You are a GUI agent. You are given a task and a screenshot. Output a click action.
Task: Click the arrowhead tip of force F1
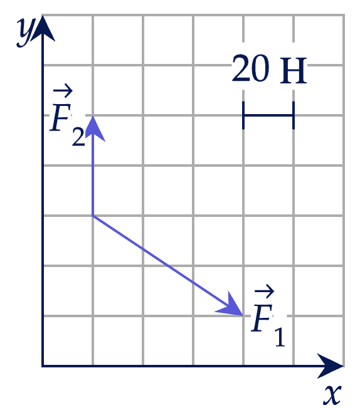[243, 315]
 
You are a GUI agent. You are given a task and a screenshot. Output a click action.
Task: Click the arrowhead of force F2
[93, 128]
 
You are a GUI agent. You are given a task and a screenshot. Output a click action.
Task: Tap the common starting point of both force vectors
[93, 216]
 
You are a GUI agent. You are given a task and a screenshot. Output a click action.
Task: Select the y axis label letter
[26, 33]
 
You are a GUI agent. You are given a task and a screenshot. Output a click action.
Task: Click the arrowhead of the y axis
[43, 28]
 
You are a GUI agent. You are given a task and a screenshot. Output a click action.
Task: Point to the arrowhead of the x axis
[330, 366]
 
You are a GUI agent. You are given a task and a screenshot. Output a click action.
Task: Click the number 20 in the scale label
[251, 68]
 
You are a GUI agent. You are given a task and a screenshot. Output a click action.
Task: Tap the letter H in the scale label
[293, 71]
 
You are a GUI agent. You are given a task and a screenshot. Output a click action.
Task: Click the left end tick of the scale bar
[243, 115]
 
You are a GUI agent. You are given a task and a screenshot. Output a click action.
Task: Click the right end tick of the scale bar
[294, 115]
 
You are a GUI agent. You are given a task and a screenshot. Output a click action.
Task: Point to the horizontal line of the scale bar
[268, 115]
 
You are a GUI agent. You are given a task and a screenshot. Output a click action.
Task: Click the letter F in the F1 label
[262, 318]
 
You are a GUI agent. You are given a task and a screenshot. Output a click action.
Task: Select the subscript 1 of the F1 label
[280, 337]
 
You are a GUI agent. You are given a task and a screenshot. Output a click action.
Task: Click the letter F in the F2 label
[61, 117]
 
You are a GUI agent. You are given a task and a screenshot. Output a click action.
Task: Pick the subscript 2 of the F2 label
[78, 137]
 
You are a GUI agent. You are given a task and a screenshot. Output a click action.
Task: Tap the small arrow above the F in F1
[264, 290]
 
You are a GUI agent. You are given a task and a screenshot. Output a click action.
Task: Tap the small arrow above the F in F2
[63, 90]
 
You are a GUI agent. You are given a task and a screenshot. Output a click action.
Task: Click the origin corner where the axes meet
[43, 366]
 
